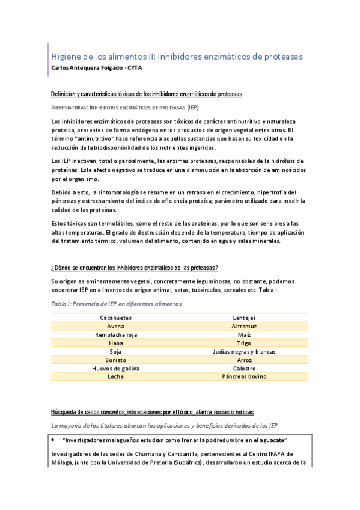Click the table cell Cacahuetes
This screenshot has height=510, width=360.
tap(115, 318)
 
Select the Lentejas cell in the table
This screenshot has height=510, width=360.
tap(244, 318)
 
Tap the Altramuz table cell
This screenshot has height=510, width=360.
tap(244, 326)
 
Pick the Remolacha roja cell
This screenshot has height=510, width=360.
tap(115, 334)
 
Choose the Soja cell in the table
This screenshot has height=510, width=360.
tap(115, 351)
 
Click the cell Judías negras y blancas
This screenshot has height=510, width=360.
tap(244, 351)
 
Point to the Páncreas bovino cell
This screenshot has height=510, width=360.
tap(244, 376)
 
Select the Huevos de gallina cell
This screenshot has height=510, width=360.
tap(115, 368)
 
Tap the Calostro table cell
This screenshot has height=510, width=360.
tap(244, 368)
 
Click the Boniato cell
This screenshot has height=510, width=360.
tap(115, 360)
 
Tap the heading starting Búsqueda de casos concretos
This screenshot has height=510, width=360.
tap(153, 412)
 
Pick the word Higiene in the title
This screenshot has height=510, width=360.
tap(68, 56)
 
